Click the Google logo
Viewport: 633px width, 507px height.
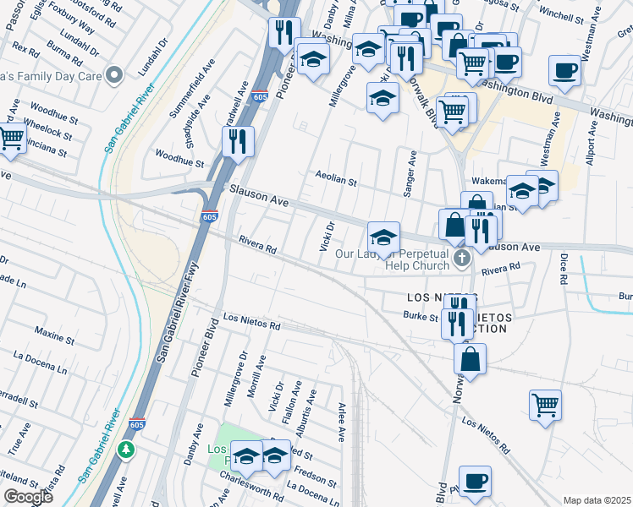coord(28,497)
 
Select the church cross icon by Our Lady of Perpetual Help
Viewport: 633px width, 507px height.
coord(460,259)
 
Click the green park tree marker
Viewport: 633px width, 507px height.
coord(126,449)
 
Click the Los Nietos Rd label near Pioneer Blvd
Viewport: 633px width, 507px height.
coord(250,319)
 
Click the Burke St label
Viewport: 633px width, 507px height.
coord(421,318)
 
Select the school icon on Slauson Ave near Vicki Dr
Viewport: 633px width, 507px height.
coord(383,237)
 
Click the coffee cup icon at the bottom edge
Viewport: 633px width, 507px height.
coord(475,481)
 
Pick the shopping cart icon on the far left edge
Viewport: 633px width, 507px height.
coord(10,138)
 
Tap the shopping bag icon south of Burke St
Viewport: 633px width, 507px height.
coord(470,358)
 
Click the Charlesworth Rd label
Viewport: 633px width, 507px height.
coord(250,491)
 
